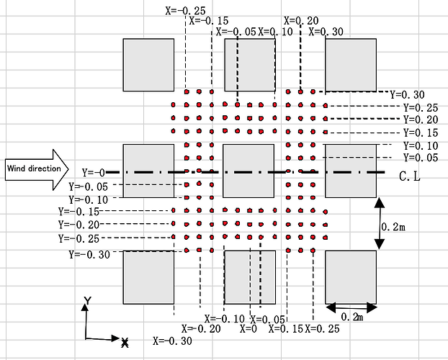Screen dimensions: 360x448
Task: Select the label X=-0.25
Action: [184, 10]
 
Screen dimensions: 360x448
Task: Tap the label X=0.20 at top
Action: [301, 21]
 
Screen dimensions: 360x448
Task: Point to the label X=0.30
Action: [326, 31]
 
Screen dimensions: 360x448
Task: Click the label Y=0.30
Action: [407, 94]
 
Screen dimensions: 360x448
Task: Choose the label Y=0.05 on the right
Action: [421, 157]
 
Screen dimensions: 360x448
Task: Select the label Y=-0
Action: [94, 173]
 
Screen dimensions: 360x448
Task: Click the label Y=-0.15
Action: [78, 212]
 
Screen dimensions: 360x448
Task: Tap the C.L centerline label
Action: [414, 175]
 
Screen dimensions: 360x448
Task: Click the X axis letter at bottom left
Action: [125, 341]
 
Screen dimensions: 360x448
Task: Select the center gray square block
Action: [249, 170]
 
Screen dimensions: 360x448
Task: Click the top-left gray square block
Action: [148, 64]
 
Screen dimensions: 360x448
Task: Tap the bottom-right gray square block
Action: [351, 276]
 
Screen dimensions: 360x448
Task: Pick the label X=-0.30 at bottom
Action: [173, 341]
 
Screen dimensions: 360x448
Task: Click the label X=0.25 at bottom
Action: [323, 329]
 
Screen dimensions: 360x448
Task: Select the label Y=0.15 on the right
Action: [421, 132]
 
